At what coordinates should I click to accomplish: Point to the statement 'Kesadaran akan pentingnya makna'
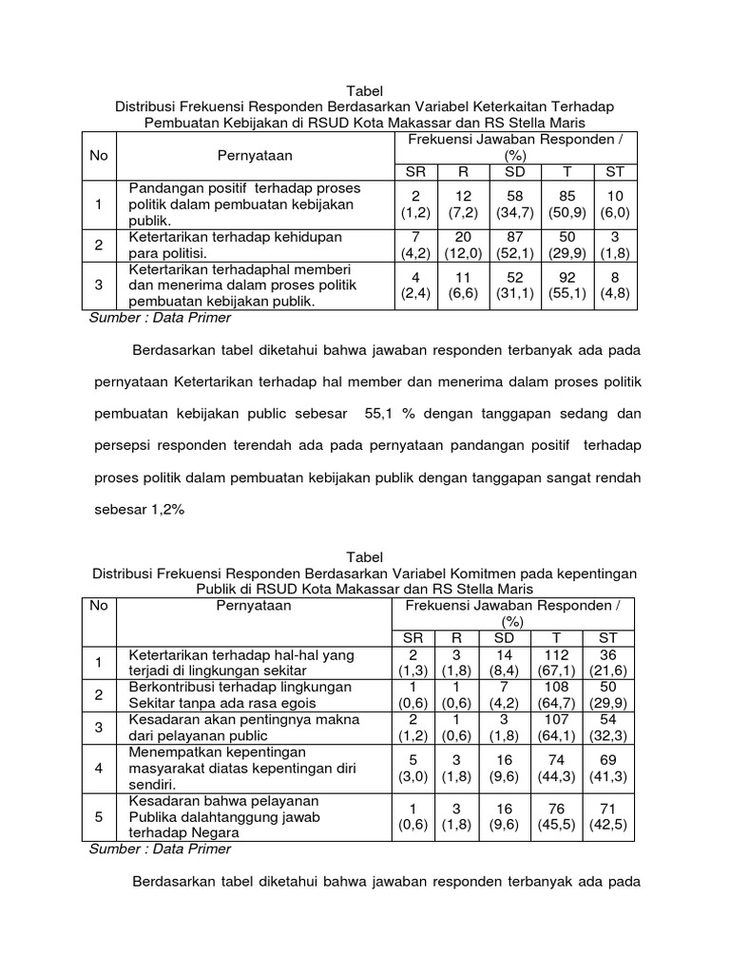[240, 727]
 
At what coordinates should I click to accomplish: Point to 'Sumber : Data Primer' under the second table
[160, 849]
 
